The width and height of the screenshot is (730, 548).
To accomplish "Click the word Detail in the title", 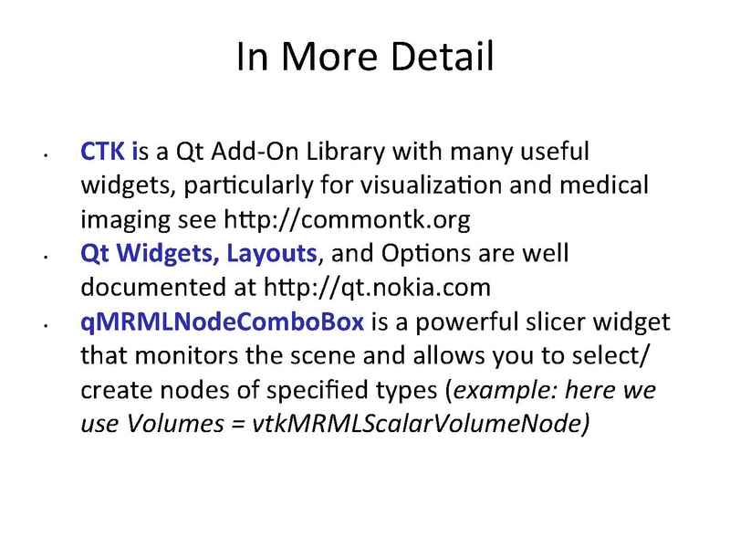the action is tap(442, 56).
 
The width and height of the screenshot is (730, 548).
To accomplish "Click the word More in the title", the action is tap(329, 56).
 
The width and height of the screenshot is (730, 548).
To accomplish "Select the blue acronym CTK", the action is tap(102, 151).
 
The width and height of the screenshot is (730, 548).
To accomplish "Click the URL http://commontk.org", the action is tap(347, 219).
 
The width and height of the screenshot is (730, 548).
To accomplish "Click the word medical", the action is tap(604, 184).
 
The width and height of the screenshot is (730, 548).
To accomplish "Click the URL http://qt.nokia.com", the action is tap(377, 287).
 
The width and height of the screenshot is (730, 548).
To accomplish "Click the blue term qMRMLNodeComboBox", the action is tap(222, 322).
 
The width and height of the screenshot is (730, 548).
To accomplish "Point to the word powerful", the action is tap(463, 322).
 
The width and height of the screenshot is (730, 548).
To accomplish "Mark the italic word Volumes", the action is tap(175, 424).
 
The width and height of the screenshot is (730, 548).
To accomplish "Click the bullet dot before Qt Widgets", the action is tap(46, 257).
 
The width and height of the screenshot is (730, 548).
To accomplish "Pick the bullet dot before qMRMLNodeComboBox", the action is tap(46, 325).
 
